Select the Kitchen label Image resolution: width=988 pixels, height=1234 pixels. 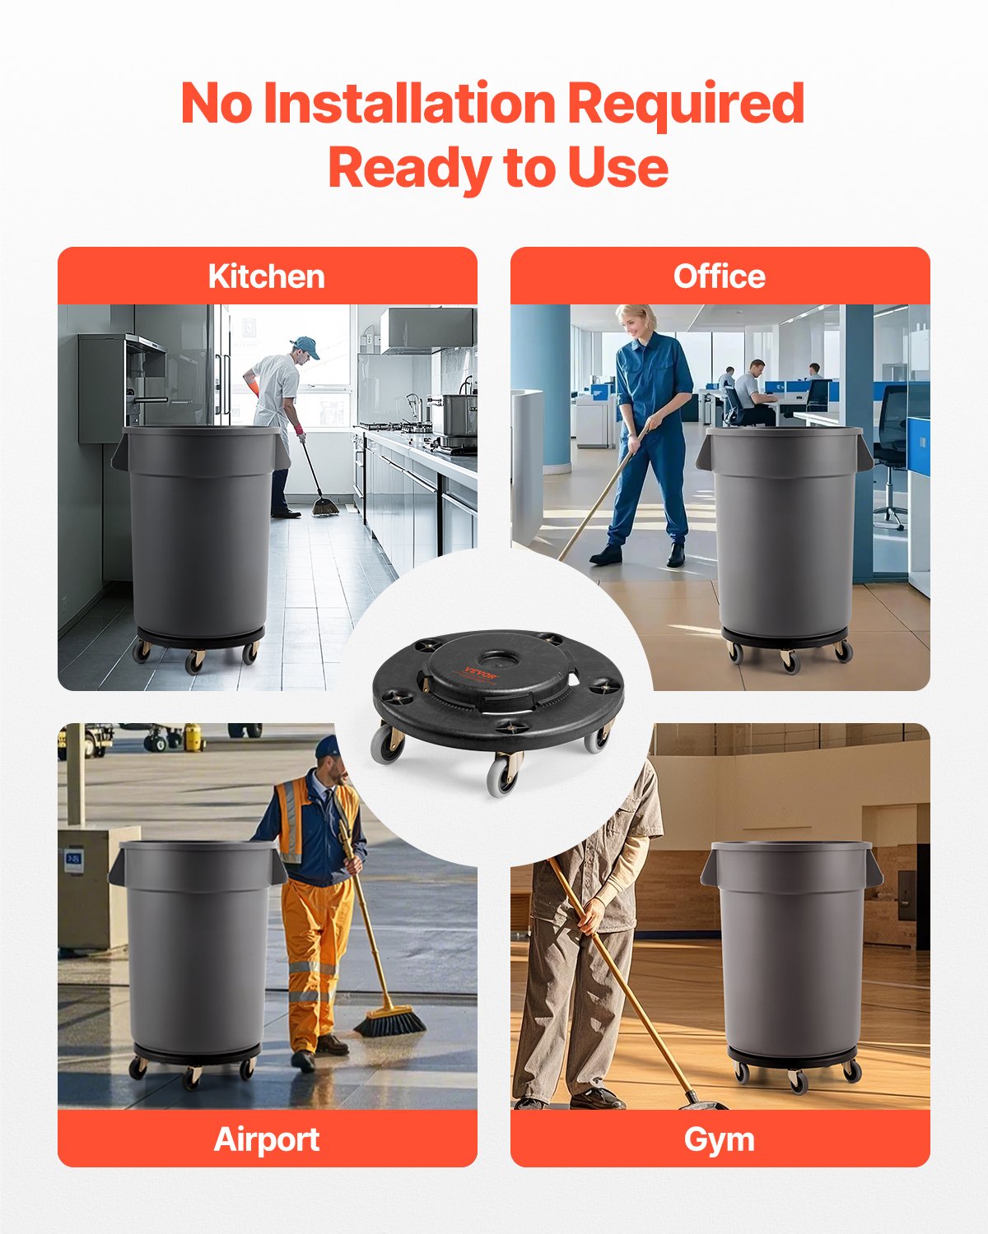[x=266, y=276]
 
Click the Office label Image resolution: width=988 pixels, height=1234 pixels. [x=719, y=276]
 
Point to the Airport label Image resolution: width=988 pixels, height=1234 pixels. [x=266, y=1139]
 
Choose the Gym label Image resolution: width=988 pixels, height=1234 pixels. [x=719, y=1139]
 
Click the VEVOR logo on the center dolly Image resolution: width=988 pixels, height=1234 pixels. [x=481, y=673]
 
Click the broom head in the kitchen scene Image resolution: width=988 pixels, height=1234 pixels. [x=324, y=507]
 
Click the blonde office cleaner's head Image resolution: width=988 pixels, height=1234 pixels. [x=636, y=321]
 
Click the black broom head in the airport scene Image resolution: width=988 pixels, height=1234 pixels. [x=390, y=1022]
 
